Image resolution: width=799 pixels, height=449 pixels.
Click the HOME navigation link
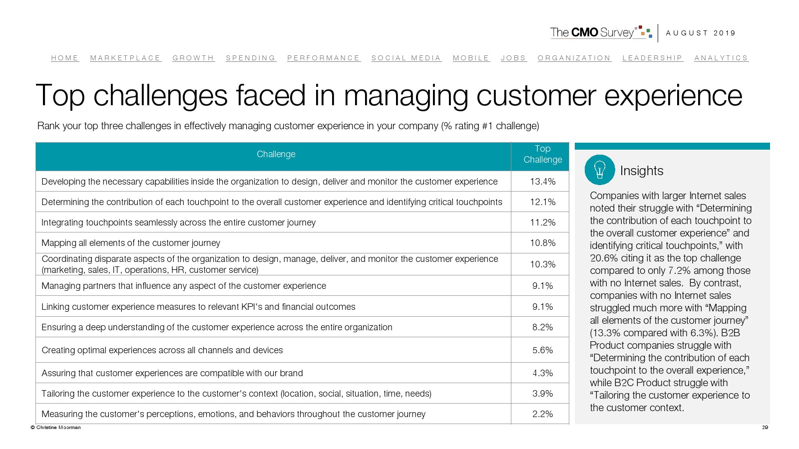pos(65,58)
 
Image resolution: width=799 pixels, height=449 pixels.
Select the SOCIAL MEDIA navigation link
pos(406,58)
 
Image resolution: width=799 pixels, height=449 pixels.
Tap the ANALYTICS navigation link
pos(721,58)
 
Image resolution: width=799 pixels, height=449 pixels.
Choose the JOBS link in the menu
pos(513,58)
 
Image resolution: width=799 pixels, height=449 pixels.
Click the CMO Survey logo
pos(601,32)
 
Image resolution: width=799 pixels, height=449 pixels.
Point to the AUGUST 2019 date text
pos(701,33)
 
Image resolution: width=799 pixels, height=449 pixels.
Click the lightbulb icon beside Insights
pos(599,170)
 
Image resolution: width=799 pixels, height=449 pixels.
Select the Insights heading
pos(642,171)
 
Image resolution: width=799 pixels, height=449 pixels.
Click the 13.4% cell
pos(542,182)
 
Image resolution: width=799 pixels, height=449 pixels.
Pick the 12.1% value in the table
pos(542,202)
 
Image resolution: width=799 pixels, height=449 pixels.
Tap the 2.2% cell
pos(542,414)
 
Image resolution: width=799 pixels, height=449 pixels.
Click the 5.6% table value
pos(542,350)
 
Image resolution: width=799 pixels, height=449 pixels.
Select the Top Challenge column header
pos(542,154)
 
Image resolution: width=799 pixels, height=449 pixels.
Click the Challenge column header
pos(276,154)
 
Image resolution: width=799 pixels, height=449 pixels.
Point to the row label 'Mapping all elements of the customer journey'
pos(131,243)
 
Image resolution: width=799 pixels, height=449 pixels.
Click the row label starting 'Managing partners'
pos(184,286)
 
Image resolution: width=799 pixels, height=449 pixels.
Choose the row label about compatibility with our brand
pos(172,373)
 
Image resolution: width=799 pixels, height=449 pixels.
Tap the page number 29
pos(765,428)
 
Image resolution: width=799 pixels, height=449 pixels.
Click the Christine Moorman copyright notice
pos(55,428)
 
